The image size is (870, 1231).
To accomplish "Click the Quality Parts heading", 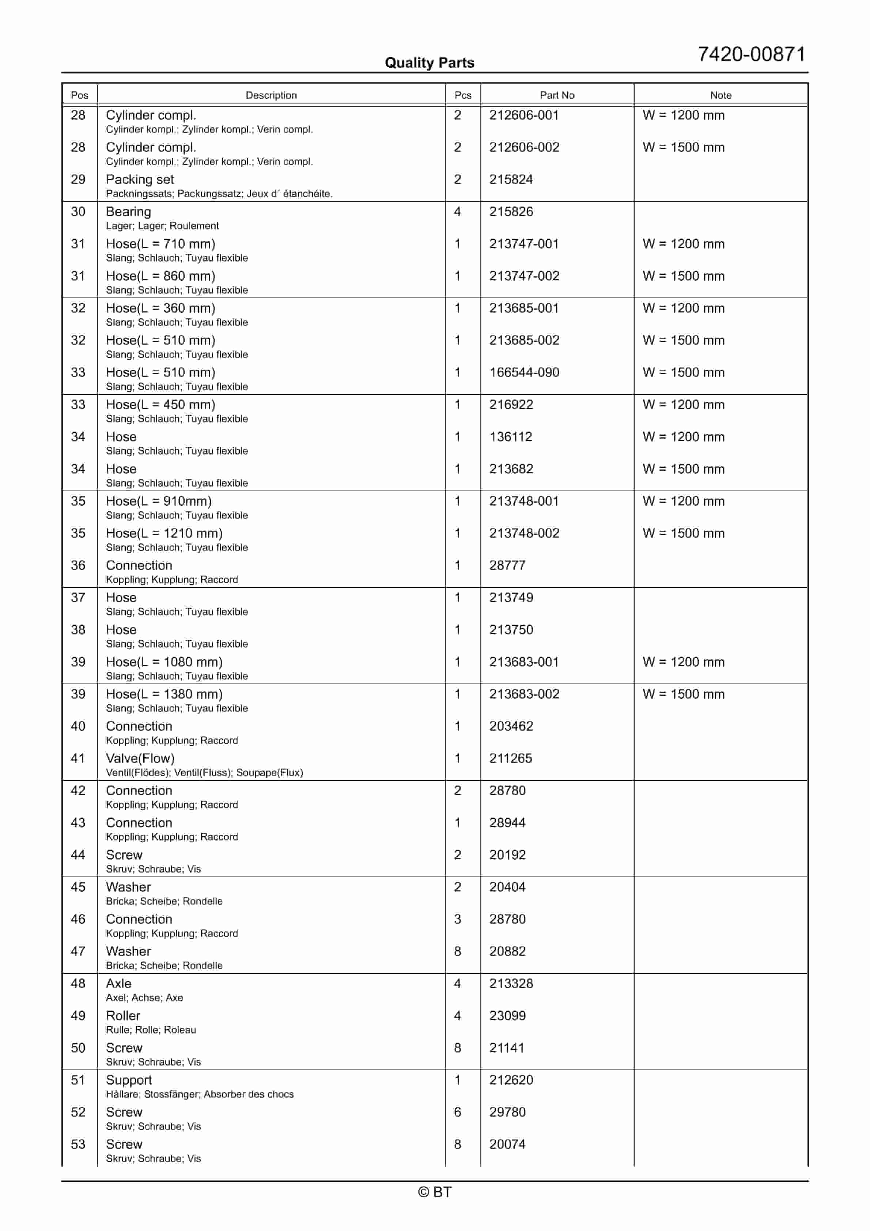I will click(x=429, y=63).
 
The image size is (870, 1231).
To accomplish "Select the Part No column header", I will click(x=557, y=95).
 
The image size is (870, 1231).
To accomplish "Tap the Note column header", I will click(x=720, y=95).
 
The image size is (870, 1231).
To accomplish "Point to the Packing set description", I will click(x=140, y=179).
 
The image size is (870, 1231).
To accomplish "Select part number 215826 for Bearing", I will click(x=511, y=212).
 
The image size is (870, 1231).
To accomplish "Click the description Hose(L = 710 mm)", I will click(x=160, y=244).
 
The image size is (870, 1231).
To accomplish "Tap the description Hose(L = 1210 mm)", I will click(x=164, y=534).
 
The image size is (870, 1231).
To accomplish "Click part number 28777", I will click(x=507, y=566).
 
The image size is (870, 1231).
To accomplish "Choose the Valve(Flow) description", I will click(x=140, y=759).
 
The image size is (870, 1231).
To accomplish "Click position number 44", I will click(x=78, y=855).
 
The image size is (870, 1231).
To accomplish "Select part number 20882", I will click(x=507, y=952).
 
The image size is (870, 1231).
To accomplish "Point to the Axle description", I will click(x=118, y=984).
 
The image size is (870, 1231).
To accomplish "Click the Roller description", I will click(x=123, y=1016).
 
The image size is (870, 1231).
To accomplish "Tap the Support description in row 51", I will click(x=129, y=1080).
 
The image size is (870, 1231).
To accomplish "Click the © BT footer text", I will click(x=435, y=1192).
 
